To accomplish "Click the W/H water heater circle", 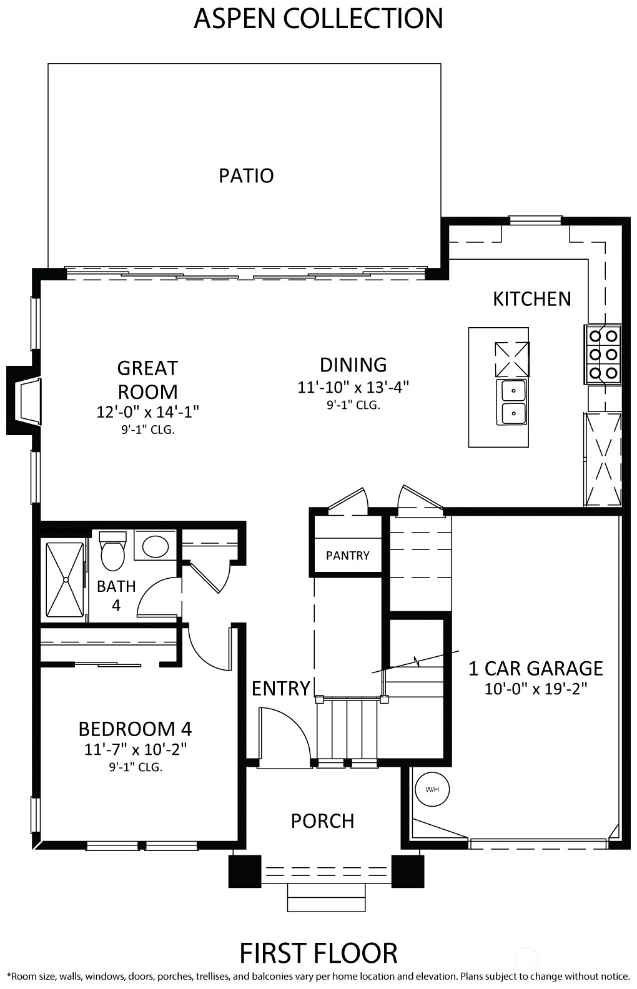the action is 432,789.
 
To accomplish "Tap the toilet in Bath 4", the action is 113,549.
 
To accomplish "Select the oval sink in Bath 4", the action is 156,545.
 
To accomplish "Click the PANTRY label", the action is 348,556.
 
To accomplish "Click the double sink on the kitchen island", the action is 511,402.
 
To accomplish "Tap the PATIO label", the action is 247,175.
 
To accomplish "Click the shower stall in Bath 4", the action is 65,579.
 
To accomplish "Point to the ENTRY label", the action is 281,688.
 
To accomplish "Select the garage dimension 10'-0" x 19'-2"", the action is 536,689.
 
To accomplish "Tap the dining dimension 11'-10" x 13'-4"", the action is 353,387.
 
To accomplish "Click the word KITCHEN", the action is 532,299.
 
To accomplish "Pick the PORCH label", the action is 322,821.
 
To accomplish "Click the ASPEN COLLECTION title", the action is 318,19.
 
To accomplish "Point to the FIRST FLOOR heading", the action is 318,953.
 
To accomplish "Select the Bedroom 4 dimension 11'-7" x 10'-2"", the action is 136,749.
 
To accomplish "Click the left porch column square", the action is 245,871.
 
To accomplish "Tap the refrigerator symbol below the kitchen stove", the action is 603,459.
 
